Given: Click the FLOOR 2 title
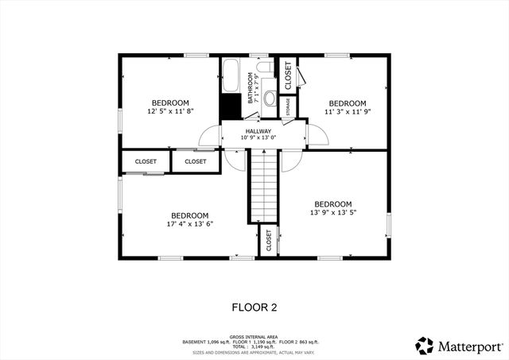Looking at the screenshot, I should [x=254, y=307].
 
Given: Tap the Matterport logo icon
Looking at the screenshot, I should [x=425, y=346].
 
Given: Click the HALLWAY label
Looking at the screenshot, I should [x=258, y=132].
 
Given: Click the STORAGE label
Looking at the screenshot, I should [x=287, y=106].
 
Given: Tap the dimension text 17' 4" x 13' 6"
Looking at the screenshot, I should [x=190, y=224].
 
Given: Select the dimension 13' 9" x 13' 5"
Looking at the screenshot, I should [x=332, y=212].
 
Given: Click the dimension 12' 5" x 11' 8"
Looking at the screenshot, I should [x=170, y=112].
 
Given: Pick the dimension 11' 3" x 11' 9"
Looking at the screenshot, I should [x=348, y=112].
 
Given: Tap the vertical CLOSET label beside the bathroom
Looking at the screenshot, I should [x=287, y=75].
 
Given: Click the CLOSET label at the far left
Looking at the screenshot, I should [x=146, y=161].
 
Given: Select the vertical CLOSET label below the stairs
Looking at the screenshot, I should [x=269, y=241].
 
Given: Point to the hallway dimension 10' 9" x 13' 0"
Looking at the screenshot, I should [x=258, y=139].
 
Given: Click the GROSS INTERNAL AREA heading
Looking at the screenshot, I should [x=254, y=336].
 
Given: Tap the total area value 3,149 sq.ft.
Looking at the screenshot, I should [x=270, y=347].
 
